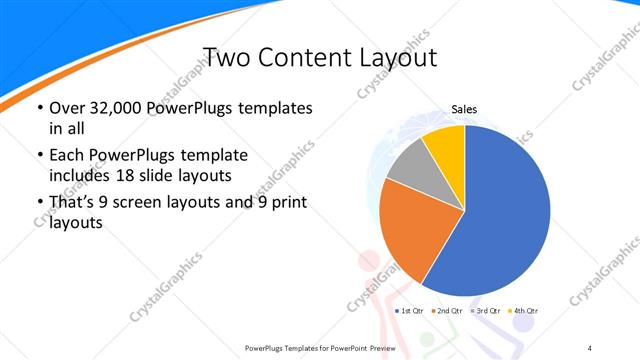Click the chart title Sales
coord(464,109)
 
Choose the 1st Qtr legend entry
coord(411,311)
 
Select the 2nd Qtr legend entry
coord(448,311)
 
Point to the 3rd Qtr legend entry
coord(486,311)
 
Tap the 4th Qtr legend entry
coord(524,311)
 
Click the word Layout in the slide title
coord(397,57)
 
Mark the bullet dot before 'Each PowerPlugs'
coord(39,157)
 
